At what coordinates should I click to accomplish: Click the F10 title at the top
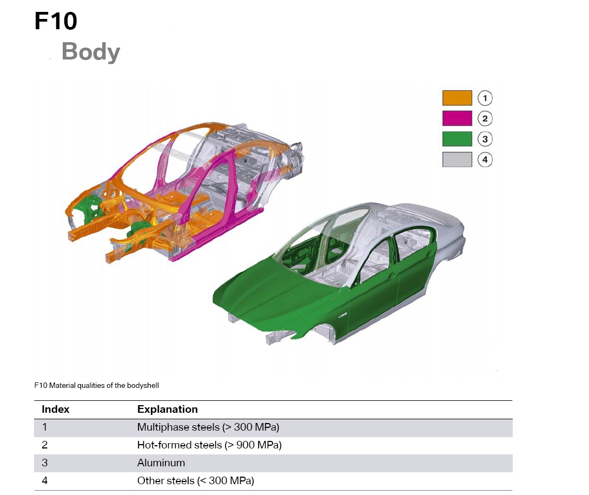(56, 21)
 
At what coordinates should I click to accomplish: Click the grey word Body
(91, 51)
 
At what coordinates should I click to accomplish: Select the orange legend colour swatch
(457, 98)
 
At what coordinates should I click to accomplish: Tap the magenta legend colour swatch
(457, 118)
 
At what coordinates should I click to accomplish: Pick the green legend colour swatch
(457, 138)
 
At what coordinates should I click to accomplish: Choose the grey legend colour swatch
(457, 160)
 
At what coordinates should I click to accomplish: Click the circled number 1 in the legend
(485, 98)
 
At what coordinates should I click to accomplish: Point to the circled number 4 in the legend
(485, 160)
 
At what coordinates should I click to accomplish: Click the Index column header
(56, 410)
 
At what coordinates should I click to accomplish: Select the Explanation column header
(168, 410)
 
